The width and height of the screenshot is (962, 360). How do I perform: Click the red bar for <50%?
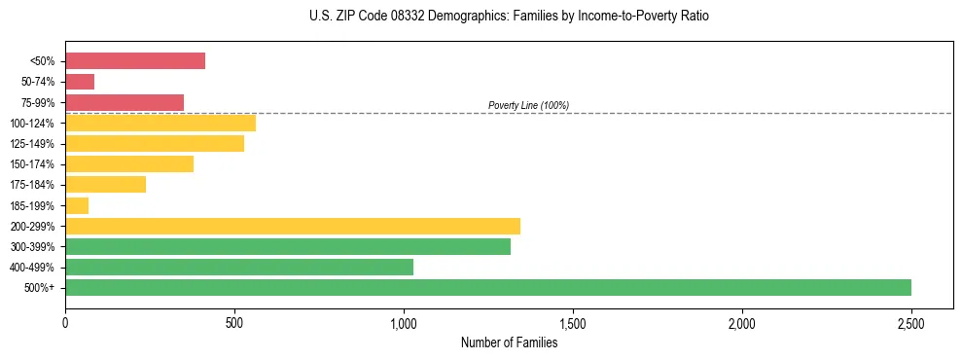point(135,61)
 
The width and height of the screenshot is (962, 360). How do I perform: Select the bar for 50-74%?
point(80,82)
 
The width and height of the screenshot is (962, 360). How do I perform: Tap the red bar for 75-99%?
point(125,102)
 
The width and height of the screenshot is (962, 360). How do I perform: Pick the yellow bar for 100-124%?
point(160,123)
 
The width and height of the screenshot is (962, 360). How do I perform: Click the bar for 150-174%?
point(129,163)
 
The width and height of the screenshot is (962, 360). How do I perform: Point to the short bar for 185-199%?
point(77,205)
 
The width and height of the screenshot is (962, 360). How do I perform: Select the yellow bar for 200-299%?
point(293,226)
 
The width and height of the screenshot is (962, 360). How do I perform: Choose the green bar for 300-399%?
point(288,246)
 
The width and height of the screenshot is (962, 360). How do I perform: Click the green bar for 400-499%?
point(239,267)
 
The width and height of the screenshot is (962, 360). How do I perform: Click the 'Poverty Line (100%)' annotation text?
point(528,105)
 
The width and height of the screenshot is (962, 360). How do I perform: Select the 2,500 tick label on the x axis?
point(911,322)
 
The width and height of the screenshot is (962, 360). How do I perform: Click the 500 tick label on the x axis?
point(234,322)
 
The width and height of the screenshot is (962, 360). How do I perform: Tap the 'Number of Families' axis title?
point(509,342)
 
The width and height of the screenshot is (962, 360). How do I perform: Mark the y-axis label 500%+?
point(39,288)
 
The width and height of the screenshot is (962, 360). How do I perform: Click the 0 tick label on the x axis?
point(65,322)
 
